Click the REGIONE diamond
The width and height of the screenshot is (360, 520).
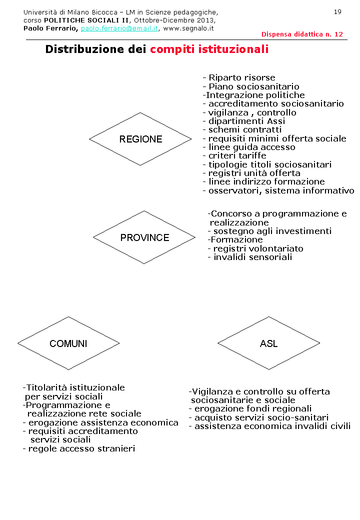[140, 139]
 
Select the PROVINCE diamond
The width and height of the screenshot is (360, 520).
[144, 237]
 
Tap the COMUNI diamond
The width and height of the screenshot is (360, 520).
[68, 343]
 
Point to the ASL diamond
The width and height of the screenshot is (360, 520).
[268, 343]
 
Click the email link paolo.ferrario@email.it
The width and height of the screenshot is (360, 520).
[119, 28]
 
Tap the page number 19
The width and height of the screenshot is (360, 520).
[337, 11]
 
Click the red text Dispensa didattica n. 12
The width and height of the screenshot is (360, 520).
[302, 34]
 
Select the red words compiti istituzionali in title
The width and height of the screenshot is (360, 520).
[209, 49]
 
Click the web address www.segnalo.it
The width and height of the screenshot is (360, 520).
[188, 28]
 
